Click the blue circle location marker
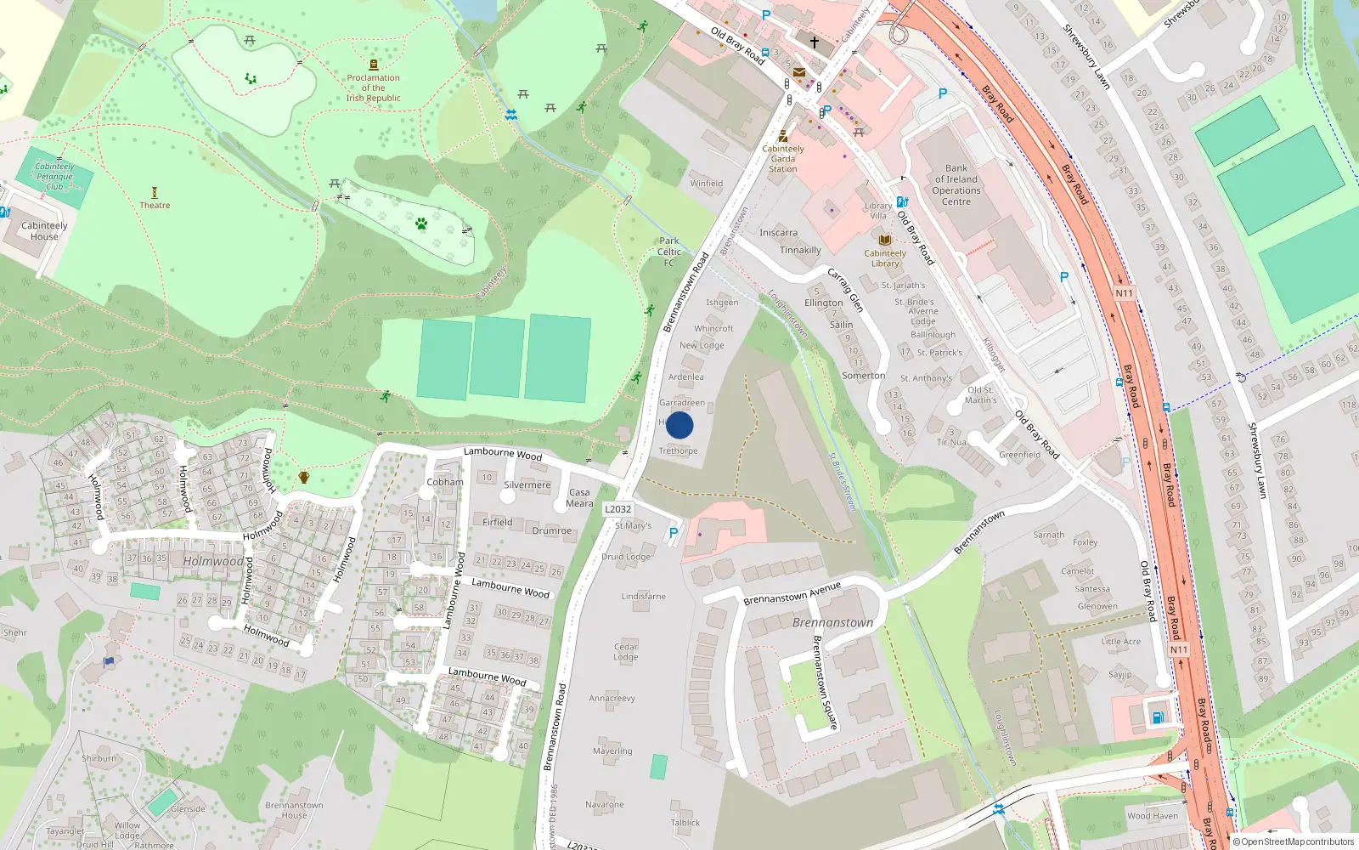[x=679, y=425]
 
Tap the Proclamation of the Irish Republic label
[x=373, y=88]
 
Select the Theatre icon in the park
[x=155, y=193]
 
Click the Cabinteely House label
[x=44, y=231]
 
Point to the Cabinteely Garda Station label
[x=783, y=159]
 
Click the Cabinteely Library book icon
[x=884, y=241]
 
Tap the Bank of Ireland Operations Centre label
[x=956, y=184]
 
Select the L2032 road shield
[x=617, y=509]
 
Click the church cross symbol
[x=814, y=42]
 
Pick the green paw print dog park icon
[x=421, y=224]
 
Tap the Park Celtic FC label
[x=669, y=252]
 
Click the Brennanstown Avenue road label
[x=792, y=593]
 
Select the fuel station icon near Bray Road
[x=1157, y=717]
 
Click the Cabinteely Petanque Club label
[x=54, y=176]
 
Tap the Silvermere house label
[x=527, y=485]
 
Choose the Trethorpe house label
[x=678, y=451]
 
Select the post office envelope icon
[x=798, y=73]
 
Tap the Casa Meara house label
[x=579, y=497]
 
